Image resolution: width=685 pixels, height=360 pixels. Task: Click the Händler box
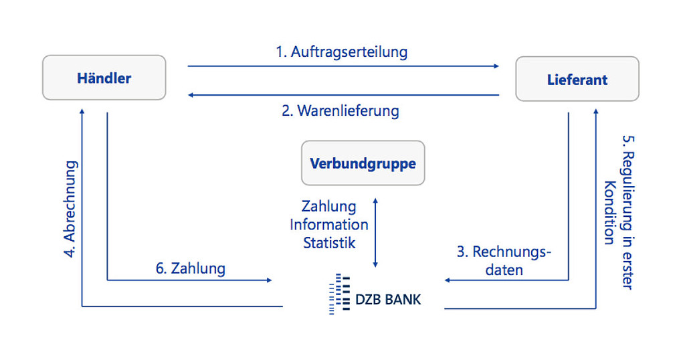(x=104, y=78)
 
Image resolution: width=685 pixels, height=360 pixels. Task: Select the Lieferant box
(x=577, y=79)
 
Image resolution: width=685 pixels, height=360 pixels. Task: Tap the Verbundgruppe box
(x=363, y=163)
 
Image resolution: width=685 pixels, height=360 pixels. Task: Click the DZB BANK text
(x=388, y=298)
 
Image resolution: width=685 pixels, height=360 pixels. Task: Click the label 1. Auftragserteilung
(x=342, y=52)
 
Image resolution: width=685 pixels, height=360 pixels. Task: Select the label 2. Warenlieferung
(x=340, y=110)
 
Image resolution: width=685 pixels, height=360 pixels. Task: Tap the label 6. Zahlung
(x=191, y=268)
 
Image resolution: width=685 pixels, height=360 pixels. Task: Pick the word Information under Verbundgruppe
(x=329, y=225)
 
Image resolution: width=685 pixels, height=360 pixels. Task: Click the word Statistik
(x=329, y=243)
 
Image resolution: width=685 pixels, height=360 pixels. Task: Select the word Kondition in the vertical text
(x=609, y=213)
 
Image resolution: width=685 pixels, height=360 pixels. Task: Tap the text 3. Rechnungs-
(x=504, y=252)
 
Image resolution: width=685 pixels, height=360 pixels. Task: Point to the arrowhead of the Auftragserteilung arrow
(x=496, y=66)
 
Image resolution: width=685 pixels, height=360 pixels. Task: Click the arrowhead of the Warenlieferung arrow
(x=191, y=95)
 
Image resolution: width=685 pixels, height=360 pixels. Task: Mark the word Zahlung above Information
(x=329, y=206)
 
